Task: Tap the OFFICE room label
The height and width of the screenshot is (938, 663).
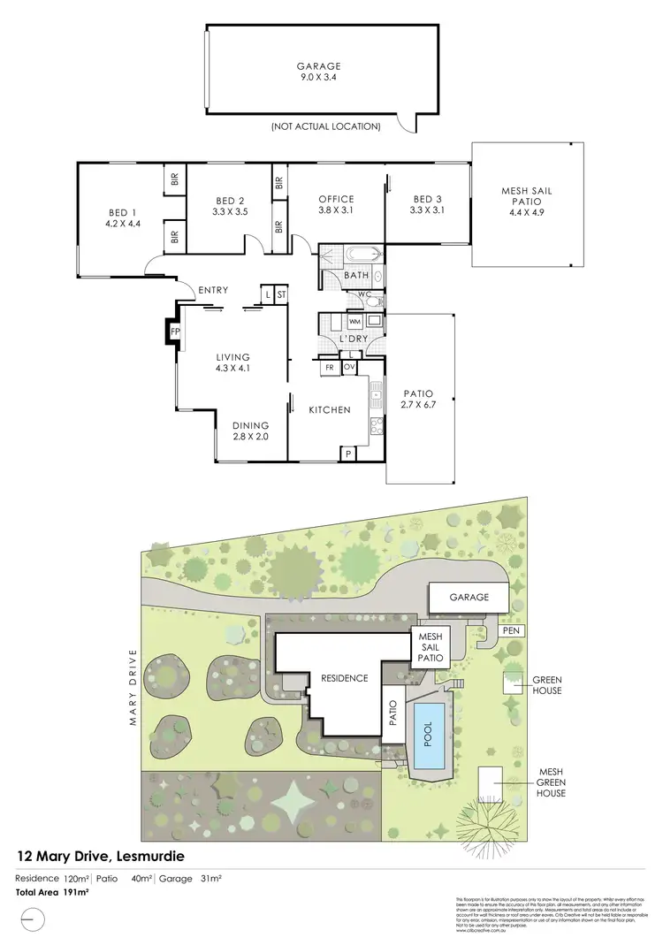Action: [x=336, y=199]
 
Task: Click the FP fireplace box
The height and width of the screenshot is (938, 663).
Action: [x=174, y=332]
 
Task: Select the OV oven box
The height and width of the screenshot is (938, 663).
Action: [x=348, y=365]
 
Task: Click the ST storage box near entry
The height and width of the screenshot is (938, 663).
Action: [x=282, y=294]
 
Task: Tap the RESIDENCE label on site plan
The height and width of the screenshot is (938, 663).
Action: [x=344, y=678]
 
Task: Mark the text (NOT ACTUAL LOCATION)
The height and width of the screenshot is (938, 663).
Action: [x=326, y=126]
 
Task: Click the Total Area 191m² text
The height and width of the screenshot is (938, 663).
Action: [x=52, y=894]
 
